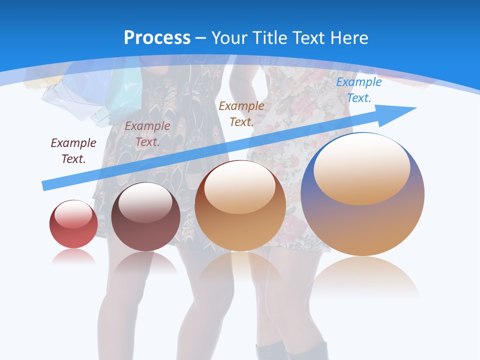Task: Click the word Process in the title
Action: click(157, 38)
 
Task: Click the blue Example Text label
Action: click(358, 90)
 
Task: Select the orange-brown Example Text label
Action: click(241, 113)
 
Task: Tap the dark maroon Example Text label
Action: click(73, 150)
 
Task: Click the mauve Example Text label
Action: click(147, 134)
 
